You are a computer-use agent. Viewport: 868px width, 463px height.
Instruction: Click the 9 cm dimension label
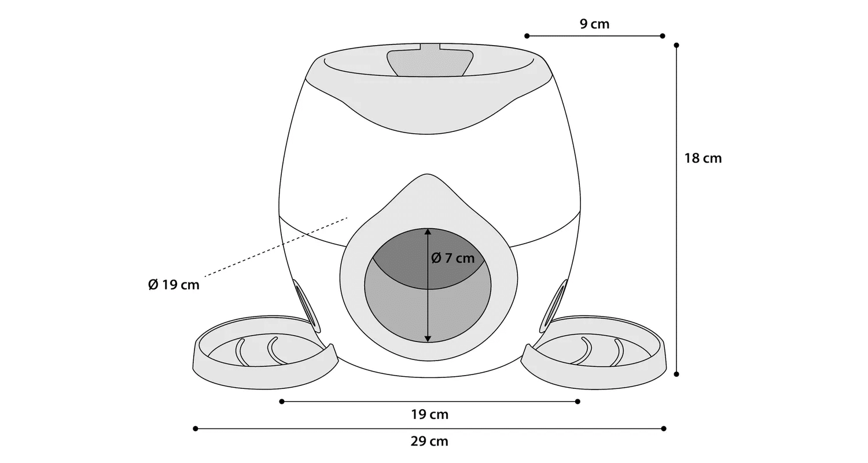tap(594, 24)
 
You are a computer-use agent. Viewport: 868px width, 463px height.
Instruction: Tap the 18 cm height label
tap(703, 159)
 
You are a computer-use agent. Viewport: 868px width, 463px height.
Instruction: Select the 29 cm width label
tap(429, 442)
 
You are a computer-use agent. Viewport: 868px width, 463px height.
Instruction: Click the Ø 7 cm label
tap(453, 258)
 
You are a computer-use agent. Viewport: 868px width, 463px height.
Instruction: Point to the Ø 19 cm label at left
tap(174, 285)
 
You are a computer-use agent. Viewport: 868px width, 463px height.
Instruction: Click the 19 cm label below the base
tap(430, 414)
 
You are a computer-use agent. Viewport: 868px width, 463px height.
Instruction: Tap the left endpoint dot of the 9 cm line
tap(527, 36)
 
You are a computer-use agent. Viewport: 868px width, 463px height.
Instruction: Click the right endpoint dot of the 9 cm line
tap(663, 36)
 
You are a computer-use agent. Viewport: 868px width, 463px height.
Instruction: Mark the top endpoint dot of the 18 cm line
tap(676, 45)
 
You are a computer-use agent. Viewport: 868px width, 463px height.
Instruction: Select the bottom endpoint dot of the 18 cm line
tap(676, 374)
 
